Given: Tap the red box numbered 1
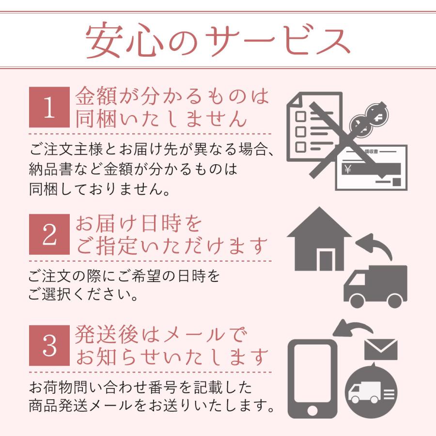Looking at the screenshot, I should [49, 108].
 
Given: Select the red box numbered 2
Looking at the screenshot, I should [49, 234].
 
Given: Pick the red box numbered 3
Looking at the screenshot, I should [49, 345].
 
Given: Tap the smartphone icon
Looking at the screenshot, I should [312, 378].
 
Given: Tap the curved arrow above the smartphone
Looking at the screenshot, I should [353, 328].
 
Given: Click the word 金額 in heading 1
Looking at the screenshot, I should [93, 96].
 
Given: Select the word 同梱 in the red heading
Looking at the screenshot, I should [93, 119].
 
